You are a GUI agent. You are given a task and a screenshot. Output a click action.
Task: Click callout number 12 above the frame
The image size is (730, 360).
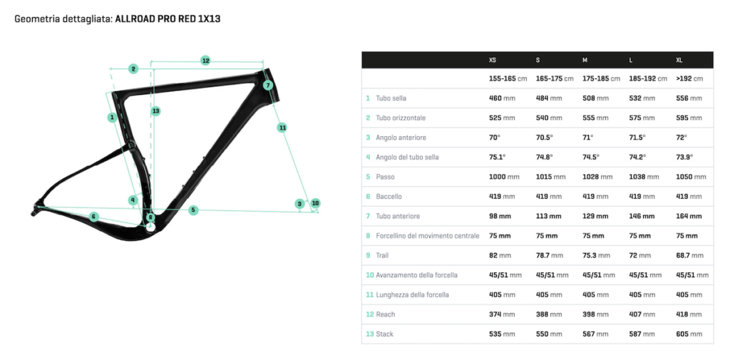pos(205,61)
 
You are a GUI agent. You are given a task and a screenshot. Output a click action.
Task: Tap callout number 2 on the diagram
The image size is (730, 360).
pos(133,69)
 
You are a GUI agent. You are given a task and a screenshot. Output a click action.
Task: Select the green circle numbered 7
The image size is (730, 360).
pos(267,86)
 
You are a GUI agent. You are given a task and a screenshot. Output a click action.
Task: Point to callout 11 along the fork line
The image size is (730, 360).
pos(282,127)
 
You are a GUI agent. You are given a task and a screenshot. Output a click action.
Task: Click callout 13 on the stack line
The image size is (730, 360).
pos(155,110)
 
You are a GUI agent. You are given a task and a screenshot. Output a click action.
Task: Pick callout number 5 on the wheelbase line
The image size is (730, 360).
pos(194,210)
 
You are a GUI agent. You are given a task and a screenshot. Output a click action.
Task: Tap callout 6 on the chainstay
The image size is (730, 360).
pos(94,217)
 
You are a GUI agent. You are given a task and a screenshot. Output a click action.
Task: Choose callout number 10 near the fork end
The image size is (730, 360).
pos(315,203)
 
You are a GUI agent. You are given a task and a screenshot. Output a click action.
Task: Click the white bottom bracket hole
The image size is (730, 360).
pos(150,227)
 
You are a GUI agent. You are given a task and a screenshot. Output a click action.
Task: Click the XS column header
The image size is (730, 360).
pos(493,60)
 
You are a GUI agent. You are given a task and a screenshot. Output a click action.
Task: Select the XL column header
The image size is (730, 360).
pos(679,60)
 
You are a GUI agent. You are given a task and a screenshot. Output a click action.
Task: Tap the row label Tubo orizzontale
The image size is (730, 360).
pos(401,118)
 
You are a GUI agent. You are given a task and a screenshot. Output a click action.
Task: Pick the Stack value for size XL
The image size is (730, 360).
pos(689,334)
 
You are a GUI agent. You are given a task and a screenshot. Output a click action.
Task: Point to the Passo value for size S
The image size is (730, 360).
pos(551,177)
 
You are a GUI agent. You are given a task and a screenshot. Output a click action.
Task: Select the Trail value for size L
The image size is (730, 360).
pos(639,255)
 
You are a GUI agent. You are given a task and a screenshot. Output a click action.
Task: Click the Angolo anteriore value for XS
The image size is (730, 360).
pos(495,138)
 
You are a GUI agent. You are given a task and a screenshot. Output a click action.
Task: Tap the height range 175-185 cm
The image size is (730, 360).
pos(601,78)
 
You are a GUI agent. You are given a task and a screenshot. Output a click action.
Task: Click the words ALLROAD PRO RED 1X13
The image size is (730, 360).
pos(168,19)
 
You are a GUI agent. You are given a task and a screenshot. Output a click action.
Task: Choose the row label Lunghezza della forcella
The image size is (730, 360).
pos(413,295)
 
